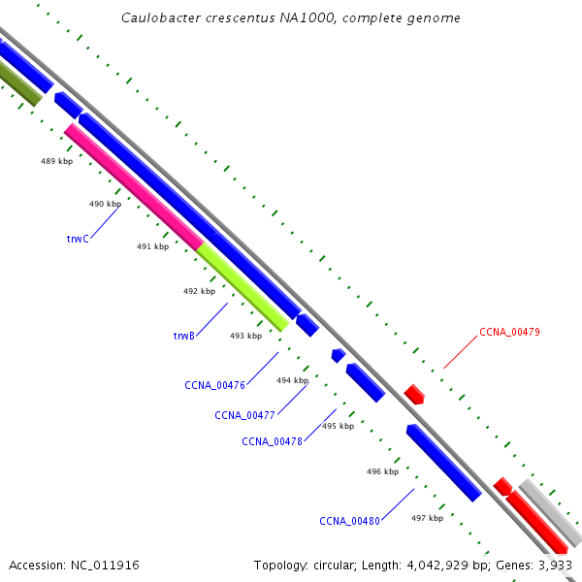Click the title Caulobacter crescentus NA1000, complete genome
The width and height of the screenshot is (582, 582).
coord(291,18)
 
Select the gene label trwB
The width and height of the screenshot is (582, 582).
coord(184,336)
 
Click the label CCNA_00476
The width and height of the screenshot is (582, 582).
coord(214,385)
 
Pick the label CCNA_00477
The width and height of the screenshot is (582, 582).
coord(245,415)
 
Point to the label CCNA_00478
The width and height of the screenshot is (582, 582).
coord(272,441)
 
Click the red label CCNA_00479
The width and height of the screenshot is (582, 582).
coord(509,332)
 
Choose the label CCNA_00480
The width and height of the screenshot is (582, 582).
coord(349,521)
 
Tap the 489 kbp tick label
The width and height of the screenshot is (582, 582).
coord(56,161)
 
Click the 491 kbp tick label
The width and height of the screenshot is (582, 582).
coord(152,246)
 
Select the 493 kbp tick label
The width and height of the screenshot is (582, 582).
coord(245,336)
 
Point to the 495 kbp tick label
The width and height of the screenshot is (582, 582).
coord(339,426)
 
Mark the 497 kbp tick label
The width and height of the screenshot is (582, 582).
coord(427,518)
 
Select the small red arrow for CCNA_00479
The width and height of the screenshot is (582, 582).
coord(414,394)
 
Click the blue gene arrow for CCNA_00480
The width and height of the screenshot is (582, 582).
coord(443,463)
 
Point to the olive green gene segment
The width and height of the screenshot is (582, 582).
coord(19,83)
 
